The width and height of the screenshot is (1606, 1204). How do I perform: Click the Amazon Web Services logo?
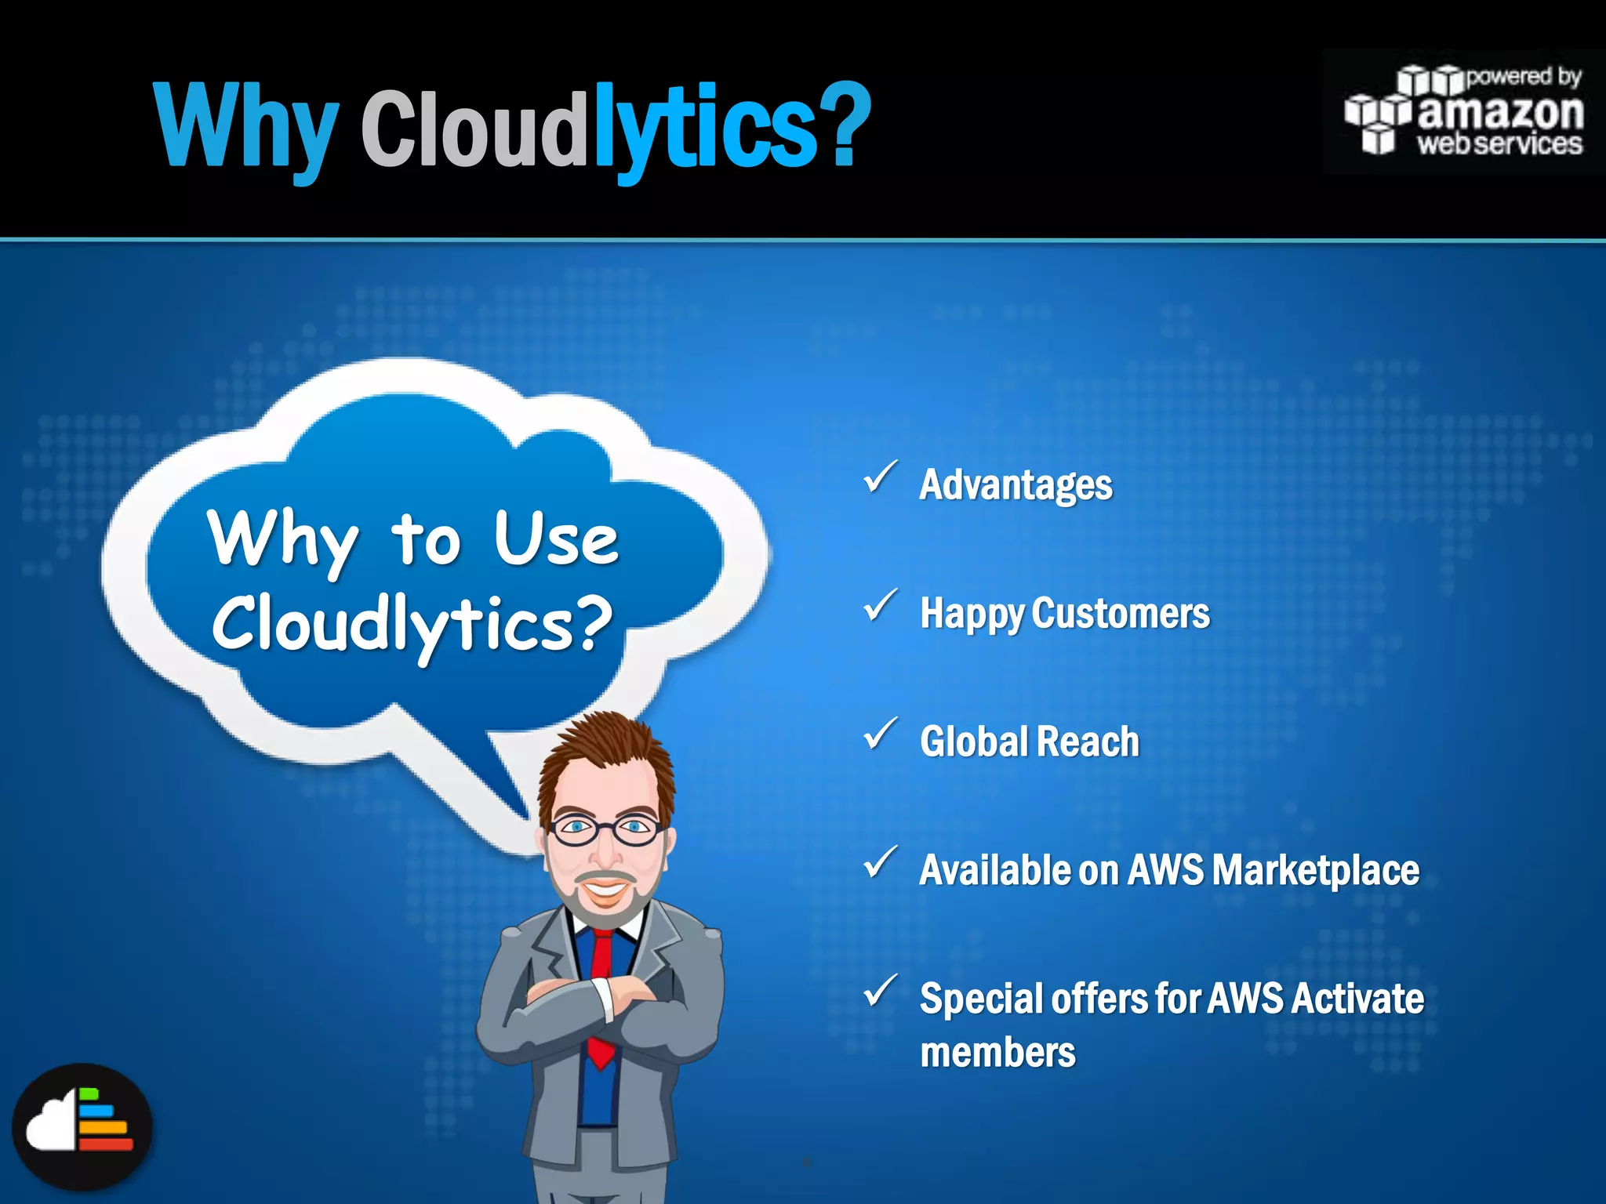[x=1463, y=112]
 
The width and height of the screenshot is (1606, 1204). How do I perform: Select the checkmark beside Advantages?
[x=881, y=477]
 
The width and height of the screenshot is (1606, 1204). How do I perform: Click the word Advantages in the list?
[x=1016, y=485]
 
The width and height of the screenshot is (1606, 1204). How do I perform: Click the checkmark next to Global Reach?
[x=881, y=734]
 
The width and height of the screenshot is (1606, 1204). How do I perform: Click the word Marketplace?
[x=1314, y=870]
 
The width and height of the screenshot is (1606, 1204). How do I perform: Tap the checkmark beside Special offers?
[x=881, y=992]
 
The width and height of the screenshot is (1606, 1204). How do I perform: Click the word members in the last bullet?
[x=997, y=1053]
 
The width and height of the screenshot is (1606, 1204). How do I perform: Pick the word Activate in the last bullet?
[x=1357, y=999]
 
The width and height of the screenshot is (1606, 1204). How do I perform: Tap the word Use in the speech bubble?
[x=556, y=539]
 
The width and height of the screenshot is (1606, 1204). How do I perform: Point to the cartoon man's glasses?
[x=605, y=829]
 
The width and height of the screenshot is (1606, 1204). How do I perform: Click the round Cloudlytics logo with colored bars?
[x=82, y=1127]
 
